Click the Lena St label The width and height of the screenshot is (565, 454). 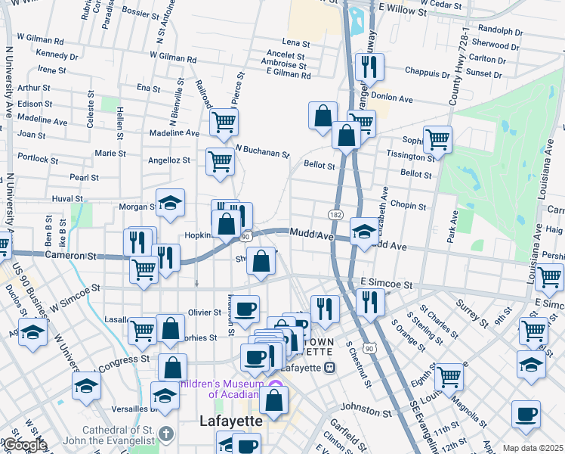(297, 43)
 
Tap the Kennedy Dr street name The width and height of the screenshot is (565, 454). (57, 54)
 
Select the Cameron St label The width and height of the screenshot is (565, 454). (72, 256)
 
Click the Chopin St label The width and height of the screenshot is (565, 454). (409, 206)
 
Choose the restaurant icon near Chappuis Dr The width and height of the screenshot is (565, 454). (369, 67)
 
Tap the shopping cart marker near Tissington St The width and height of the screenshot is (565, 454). (437, 139)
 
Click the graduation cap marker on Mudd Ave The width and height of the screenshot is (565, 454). (364, 232)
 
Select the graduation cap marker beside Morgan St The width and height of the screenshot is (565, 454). (171, 203)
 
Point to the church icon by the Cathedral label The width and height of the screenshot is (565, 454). (168, 434)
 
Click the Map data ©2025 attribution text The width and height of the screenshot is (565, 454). (533, 448)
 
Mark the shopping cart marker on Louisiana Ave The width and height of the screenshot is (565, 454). (548, 277)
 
